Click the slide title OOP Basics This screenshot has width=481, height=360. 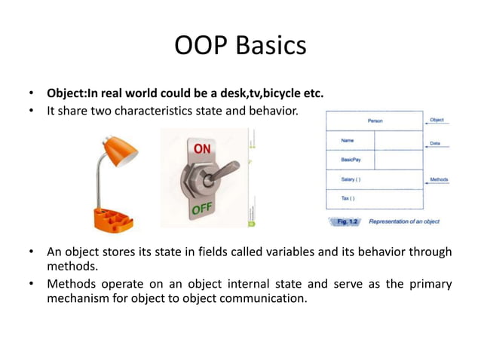240,45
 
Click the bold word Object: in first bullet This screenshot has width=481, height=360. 67,94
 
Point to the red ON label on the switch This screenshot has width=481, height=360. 202,149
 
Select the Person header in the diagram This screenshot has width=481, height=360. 375,121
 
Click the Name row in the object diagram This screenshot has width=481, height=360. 348,140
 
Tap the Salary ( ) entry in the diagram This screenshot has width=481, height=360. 351,179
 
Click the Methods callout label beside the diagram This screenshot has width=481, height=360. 439,179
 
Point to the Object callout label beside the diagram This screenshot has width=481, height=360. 437,120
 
